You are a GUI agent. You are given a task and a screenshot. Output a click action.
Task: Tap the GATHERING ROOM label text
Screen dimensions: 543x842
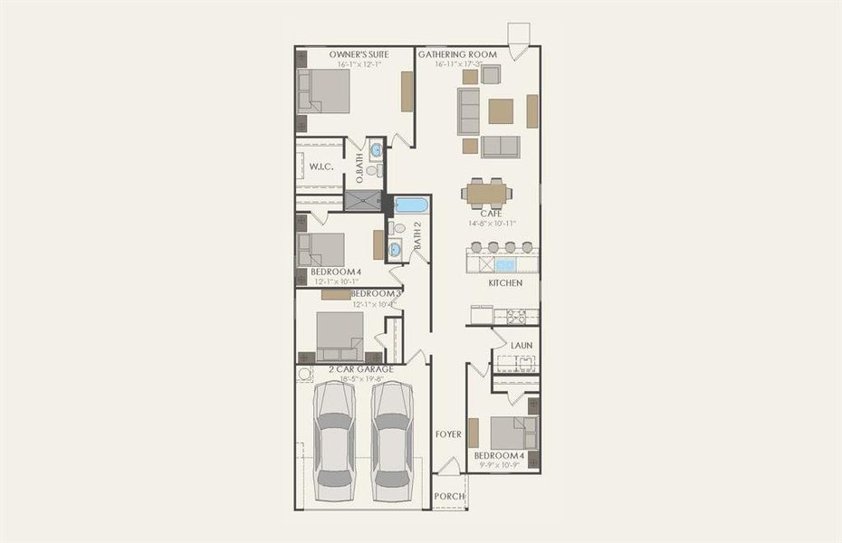(457, 54)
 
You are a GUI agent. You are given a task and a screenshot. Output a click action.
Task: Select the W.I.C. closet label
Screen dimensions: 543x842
(321, 167)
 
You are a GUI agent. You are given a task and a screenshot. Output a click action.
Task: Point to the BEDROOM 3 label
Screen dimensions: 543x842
(376, 294)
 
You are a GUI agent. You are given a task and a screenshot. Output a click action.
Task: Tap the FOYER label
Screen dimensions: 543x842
(448, 434)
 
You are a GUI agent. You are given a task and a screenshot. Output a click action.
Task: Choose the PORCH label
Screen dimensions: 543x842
(449, 496)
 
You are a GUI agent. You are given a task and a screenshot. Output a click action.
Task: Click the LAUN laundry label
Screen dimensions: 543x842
(521, 345)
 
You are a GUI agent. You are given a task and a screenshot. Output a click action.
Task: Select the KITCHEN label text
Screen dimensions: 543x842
(505, 283)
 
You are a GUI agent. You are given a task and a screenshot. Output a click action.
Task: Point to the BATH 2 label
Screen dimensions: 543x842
(418, 234)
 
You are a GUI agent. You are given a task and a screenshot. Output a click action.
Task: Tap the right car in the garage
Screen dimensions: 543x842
(392, 439)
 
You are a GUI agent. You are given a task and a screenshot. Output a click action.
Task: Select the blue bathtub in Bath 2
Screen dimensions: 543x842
(410, 205)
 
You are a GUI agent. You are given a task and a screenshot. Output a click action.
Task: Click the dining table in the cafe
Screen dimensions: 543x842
(487, 193)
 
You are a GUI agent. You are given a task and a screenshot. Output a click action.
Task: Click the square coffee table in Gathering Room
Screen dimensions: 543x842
(501, 110)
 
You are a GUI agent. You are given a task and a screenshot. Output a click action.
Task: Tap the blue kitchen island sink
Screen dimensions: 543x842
(505, 264)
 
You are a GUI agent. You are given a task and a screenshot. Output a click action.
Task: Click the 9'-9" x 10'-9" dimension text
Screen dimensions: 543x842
(499, 466)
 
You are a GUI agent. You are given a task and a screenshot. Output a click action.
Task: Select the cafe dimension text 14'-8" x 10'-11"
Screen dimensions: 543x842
(492, 223)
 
